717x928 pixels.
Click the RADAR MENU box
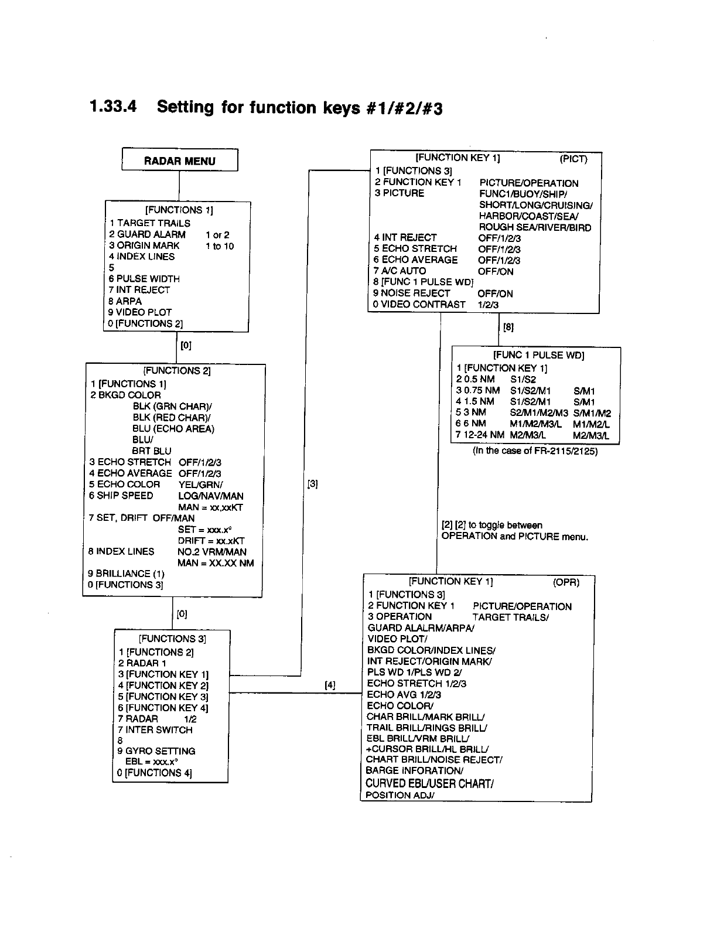pos(179,161)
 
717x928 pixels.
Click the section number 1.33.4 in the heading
pos(114,107)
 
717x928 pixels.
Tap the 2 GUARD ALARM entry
pos(147,234)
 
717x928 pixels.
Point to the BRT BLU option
pos(152,451)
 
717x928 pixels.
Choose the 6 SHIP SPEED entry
pos(121,496)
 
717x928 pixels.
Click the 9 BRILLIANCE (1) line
pos(126,574)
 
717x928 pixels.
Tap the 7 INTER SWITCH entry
pos(155,730)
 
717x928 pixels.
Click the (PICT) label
pos(573,159)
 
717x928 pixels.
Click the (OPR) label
pos(566,582)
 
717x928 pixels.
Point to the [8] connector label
pos(508,328)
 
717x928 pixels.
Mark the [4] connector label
pos(330,684)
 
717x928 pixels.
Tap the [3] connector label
pos(312,484)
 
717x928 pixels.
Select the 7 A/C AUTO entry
pos(400,271)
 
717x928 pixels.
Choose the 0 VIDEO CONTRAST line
pos(419,305)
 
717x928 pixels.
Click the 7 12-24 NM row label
pos(480,435)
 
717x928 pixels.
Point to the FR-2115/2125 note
pos(535,451)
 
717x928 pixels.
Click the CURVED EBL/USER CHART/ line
pos(429,783)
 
